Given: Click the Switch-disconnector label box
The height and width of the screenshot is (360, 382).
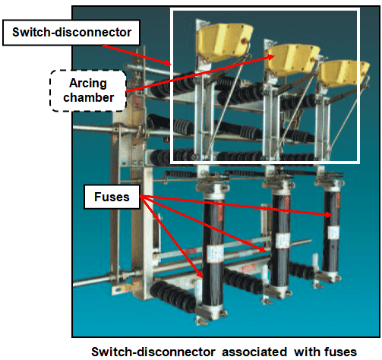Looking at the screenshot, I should [x=51, y=32].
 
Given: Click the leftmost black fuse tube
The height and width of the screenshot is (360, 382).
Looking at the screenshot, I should [x=216, y=251].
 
